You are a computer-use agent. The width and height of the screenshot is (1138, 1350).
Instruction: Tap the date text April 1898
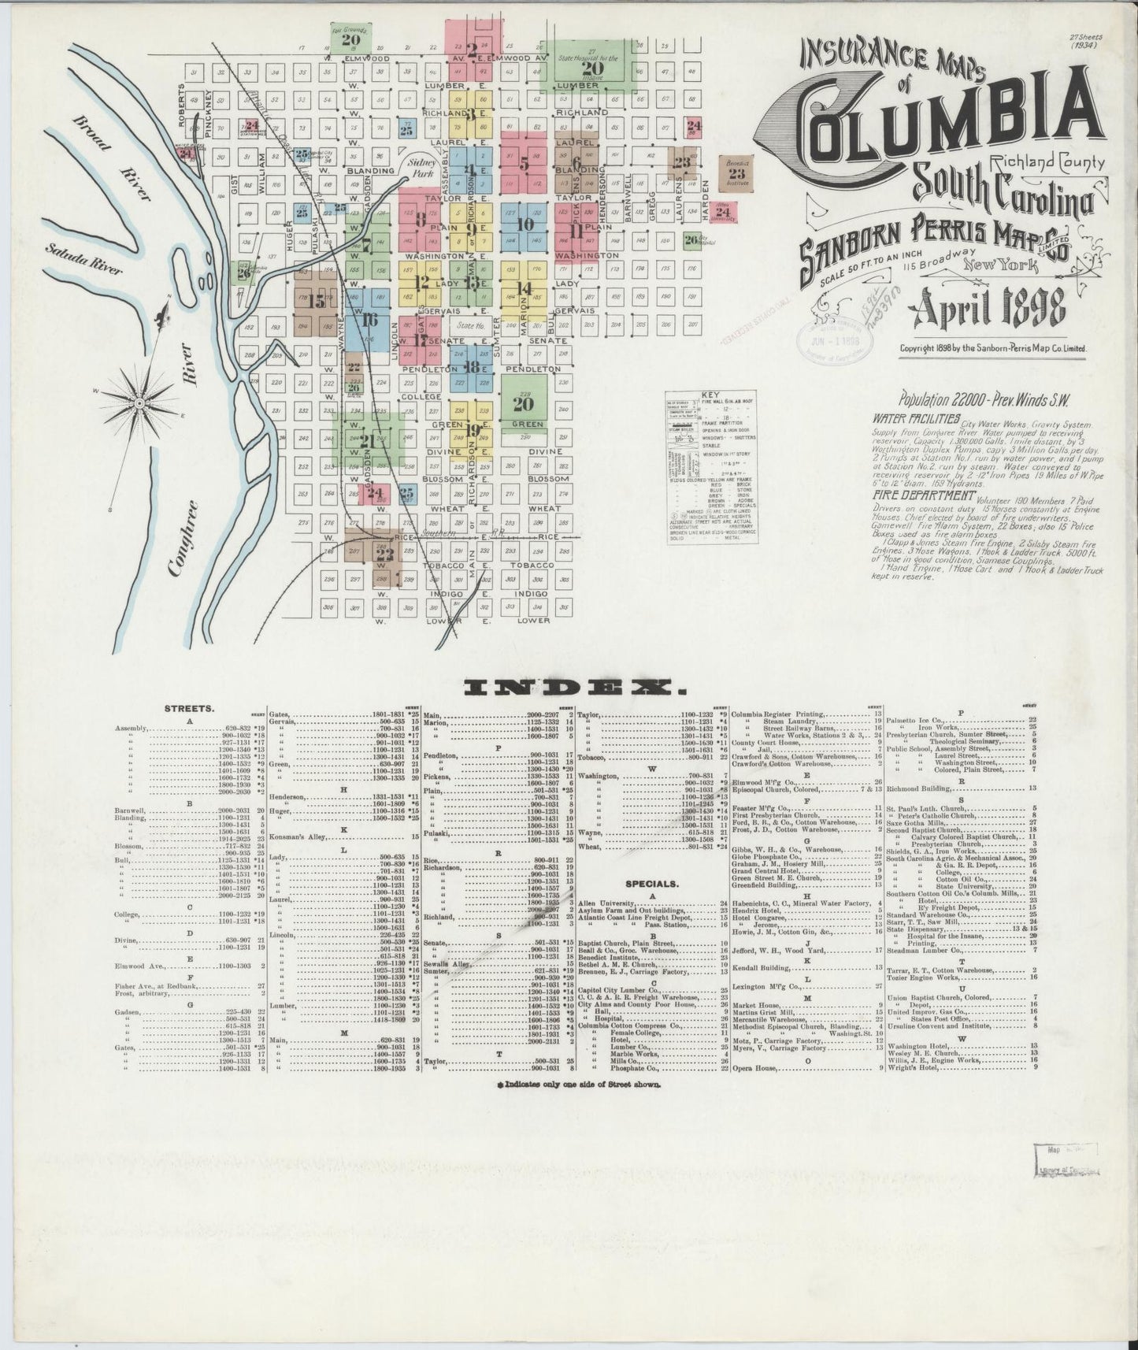click(x=987, y=311)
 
